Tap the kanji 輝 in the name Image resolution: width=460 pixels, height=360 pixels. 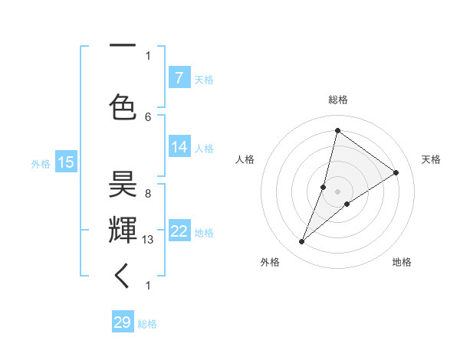click(x=123, y=229)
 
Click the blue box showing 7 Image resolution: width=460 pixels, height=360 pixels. click(x=179, y=77)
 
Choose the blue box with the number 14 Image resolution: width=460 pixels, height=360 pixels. click(x=179, y=146)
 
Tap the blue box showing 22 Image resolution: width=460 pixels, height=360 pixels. click(x=179, y=231)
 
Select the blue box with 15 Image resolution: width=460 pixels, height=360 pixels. click(x=65, y=162)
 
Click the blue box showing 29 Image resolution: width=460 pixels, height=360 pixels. click(x=123, y=322)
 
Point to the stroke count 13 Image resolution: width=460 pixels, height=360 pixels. click(x=149, y=240)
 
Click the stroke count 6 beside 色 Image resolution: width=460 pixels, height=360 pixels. click(x=148, y=116)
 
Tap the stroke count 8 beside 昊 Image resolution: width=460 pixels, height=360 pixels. click(x=148, y=194)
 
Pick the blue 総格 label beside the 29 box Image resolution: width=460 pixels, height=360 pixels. click(x=148, y=324)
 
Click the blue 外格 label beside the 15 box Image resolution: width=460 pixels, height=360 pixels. click(x=41, y=163)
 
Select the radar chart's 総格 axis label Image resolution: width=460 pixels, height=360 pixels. click(x=337, y=100)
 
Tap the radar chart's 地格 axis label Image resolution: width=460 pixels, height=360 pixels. click(x=402, y=262)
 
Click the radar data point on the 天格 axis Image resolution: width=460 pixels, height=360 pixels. click(x=396, y=172)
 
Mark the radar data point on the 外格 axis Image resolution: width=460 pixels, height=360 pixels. click(x=302, y=242)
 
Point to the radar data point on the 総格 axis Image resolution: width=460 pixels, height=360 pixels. click(x=337, y=130)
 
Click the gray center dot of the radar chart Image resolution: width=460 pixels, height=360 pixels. click(x=337, y=191)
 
